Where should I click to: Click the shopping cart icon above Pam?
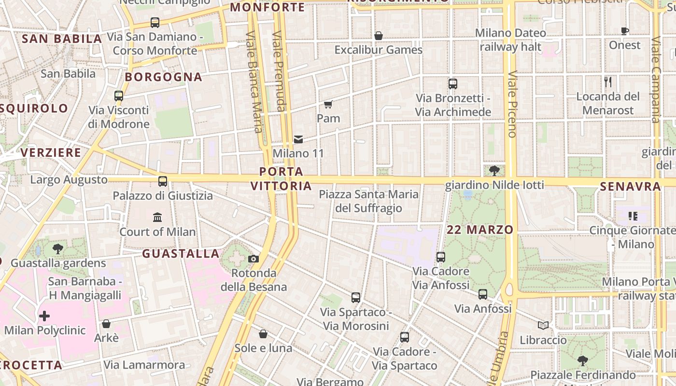tap(328, 104)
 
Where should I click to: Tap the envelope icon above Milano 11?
tap(298, 139)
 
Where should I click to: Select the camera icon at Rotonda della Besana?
tap(253, 259)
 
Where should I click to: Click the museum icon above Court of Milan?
tap(157, 218)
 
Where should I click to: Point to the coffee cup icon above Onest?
tap(625, 31)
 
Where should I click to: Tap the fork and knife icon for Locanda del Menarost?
tap(608, 82)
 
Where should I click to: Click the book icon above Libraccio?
tap(543, 326)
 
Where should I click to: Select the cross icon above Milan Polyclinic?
tap(44, 317)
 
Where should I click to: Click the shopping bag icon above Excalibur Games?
tap(379, 36)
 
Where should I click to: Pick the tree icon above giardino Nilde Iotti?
tap(494, 170)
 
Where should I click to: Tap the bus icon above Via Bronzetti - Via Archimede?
tap(453, 84)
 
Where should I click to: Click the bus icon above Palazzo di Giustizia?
tap(163, 181)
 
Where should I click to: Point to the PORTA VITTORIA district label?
tap(281, 179)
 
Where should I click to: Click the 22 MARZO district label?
tap(479, 230)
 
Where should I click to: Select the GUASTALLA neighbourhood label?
tap(181, 253)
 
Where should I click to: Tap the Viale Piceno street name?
tap(512, 104)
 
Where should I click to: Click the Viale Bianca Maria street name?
tap(254, 82)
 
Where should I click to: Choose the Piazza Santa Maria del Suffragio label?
tap(369, 201)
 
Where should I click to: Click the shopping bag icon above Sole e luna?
tap(263, 334)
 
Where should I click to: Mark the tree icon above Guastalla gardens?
tap(58, 249)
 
